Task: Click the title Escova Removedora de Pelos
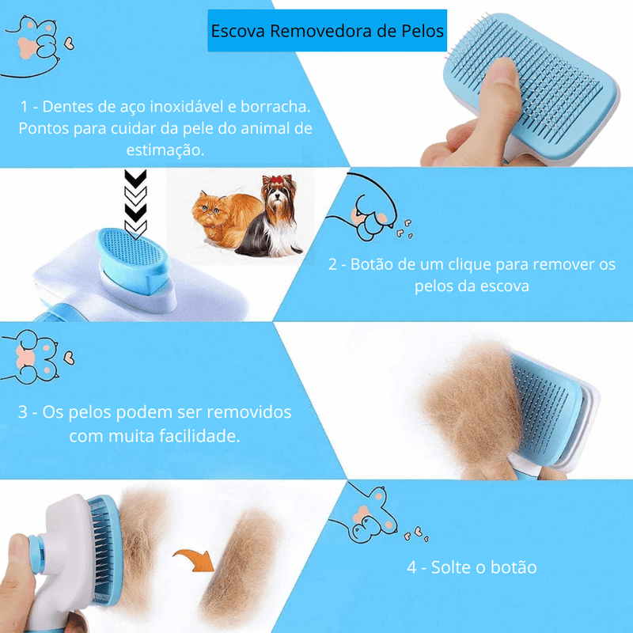[327, 32]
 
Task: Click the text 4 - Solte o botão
[472, 567]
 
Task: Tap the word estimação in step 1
[168, 149]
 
